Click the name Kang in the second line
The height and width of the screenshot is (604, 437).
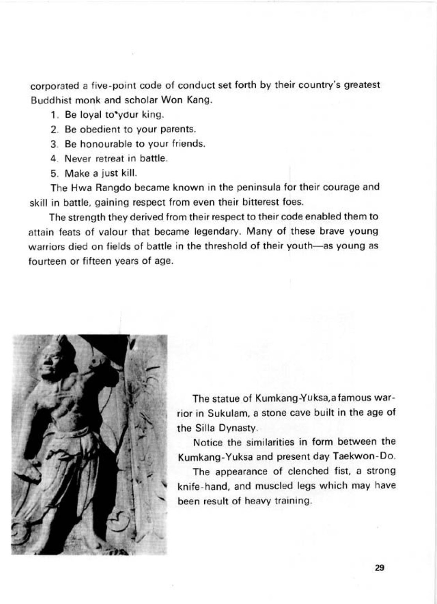pos(199,100)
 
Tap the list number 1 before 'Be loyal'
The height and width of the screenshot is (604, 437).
pos(54,115)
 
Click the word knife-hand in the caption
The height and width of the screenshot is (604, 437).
pos(199,486)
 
